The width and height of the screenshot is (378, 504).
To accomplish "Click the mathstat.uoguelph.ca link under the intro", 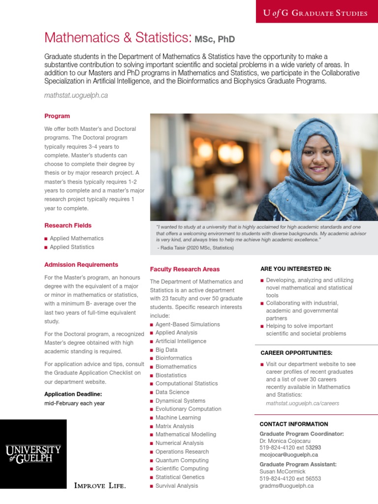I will (x=76, y=95).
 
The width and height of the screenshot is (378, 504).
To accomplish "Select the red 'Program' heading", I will (x=57, y=116).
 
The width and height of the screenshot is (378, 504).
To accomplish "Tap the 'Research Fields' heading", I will (x=68, y=225).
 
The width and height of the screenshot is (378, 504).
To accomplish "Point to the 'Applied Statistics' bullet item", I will (x=72, y=247).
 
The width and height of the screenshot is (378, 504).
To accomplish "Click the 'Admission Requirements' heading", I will (x=81, y=265).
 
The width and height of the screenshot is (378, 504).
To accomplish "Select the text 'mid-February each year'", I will (x=74, y=403).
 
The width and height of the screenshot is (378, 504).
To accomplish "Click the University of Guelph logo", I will (x=33, y=453).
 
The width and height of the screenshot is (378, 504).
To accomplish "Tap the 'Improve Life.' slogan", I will (x=100, y=486).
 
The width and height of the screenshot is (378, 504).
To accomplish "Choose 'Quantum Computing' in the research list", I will (x=182, y=460).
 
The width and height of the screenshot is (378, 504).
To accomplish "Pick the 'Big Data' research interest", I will (x=166, y=350).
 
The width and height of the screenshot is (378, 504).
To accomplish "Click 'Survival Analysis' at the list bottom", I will (x=177, y=486).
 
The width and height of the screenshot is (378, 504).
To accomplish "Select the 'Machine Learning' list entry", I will (x=178, y=417).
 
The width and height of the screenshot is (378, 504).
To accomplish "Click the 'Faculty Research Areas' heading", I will (x=185, y=269).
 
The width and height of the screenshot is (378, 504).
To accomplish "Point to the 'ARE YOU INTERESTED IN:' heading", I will (x=295, y=269).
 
